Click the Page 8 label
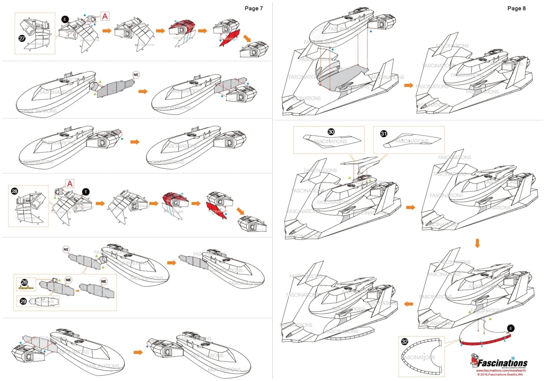tap(516, 9)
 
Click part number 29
tap(23, 300)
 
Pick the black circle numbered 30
tap(331, 132)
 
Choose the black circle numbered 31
tap(383, 133)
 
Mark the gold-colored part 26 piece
tap(24, 288)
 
